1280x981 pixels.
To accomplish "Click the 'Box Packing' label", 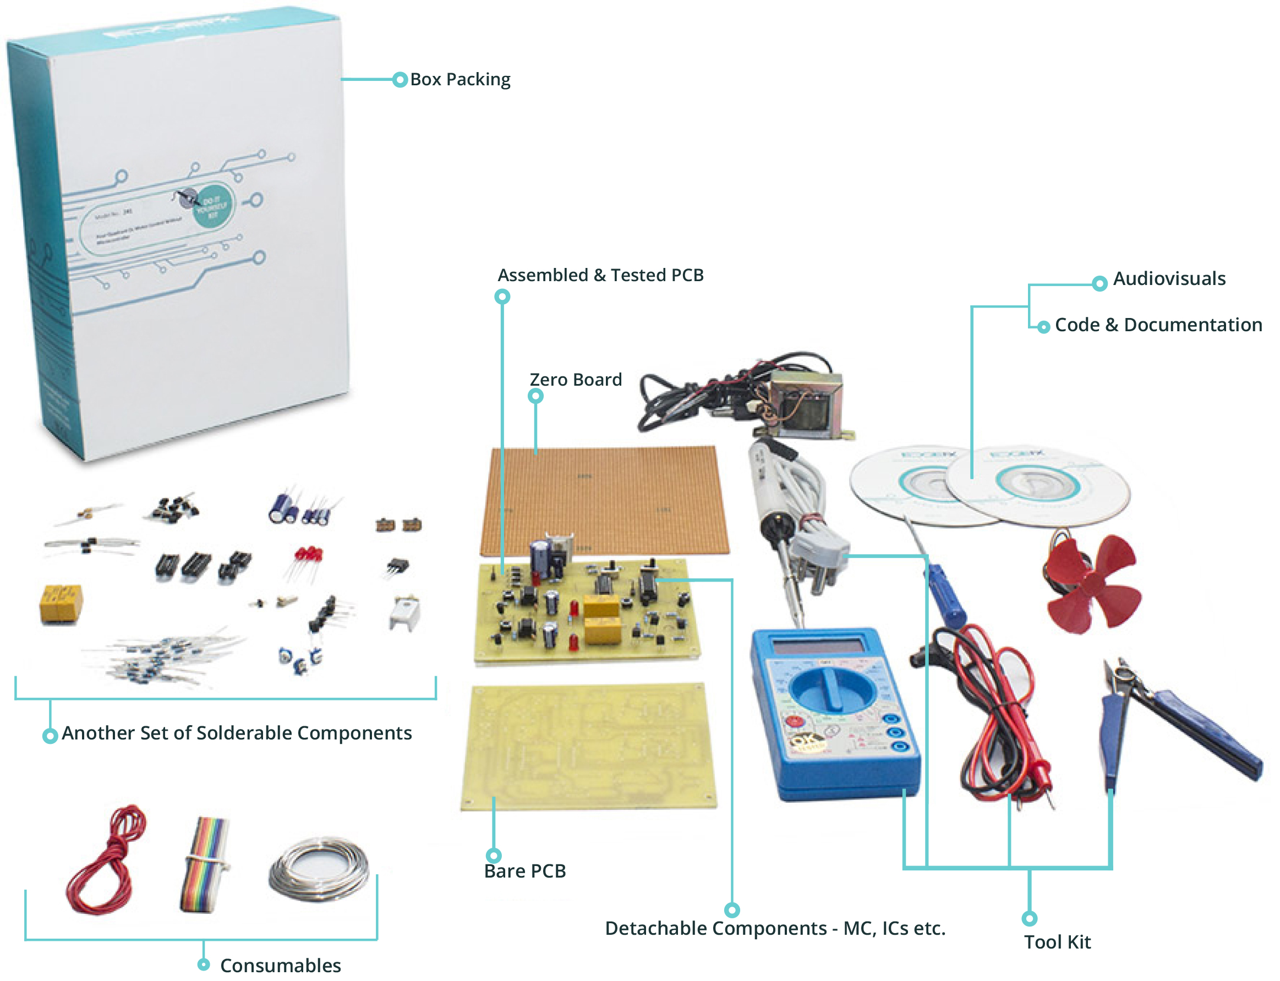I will point(460,79).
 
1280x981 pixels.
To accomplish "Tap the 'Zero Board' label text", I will point(575,380).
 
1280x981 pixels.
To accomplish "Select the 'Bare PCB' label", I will point(524,871).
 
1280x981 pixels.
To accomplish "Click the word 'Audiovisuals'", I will point(1168,278).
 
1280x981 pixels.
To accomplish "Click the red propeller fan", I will point(1092,584).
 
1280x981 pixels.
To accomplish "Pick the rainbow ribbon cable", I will point(204,864).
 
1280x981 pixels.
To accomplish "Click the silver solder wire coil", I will point(319,869).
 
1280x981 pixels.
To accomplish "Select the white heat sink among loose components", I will point(404,613).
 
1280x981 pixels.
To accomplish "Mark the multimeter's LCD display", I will point(818,646).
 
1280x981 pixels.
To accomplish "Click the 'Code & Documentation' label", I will point(1158,325).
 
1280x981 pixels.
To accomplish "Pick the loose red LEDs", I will point(308,555).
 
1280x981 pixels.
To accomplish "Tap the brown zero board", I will point(604,499).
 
